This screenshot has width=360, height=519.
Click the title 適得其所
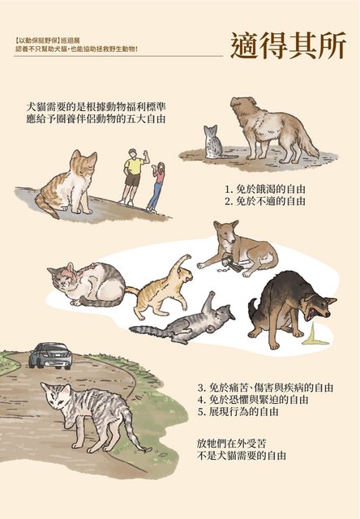(x=289, y=46)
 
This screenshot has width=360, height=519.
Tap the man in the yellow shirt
(x=133, y=176)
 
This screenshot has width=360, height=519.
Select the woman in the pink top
(x=156, y=187)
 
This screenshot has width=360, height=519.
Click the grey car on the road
(x=50, y=356)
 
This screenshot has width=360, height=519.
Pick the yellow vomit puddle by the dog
(x=315, y=335)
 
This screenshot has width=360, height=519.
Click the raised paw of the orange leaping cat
(x=187, y=257)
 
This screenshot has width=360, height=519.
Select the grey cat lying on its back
(x=186, y=322)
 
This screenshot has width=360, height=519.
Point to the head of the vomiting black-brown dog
(x=319, y=306)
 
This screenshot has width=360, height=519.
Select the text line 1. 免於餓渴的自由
(x=264, y=189)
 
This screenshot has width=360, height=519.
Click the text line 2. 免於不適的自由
(x=265, y=201)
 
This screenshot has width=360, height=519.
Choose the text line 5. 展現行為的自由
(x=238, y=412)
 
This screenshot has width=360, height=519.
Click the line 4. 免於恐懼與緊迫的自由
(x=253, y=400)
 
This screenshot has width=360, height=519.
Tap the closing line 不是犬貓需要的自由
(x=241, y=456)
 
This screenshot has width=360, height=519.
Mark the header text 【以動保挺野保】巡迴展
(x=47, y=41)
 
